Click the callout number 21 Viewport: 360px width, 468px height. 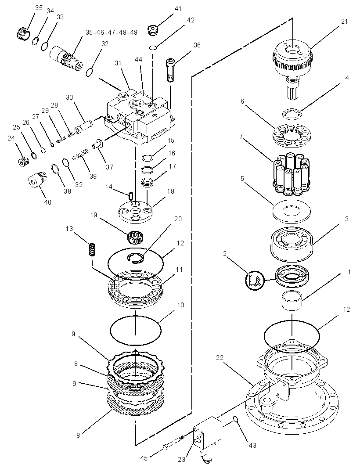tap(345, 22)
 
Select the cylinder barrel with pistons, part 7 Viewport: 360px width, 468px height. tap(292, 173)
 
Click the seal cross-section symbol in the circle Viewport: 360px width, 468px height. tap(255, 280)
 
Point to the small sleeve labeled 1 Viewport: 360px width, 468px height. tap(292, 301)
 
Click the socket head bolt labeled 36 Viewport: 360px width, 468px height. tap(171, 70)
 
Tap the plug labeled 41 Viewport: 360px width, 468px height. tap(153, 30)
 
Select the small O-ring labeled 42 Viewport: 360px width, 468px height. tap(153, 47)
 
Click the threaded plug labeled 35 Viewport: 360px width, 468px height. tap(23, 32)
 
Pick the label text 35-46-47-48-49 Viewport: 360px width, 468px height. tap(112, 32)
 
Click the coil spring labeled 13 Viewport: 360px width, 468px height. tap(93, 249)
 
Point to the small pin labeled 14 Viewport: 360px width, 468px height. tap(130, 196)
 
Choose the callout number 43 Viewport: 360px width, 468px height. tap(252, 446)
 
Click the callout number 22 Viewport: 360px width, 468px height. tap(220, 357)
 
